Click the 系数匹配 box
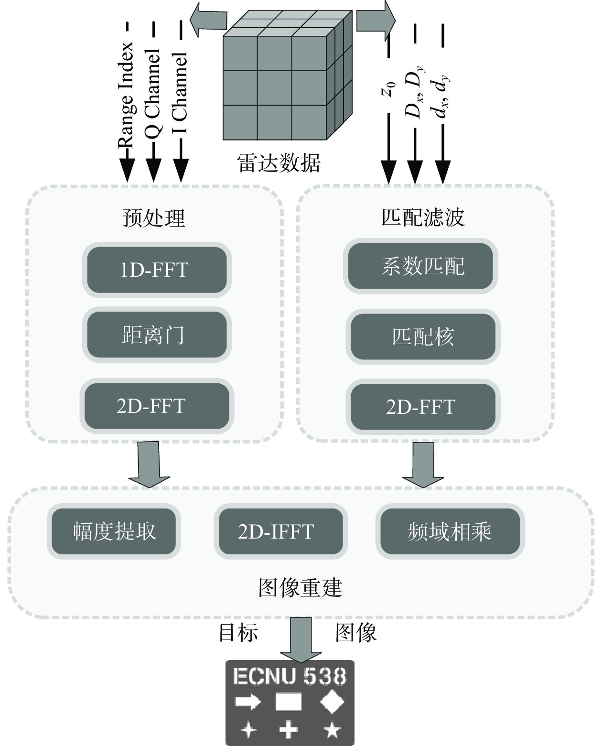pos(420,266)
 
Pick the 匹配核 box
pos(422,336)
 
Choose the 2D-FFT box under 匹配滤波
pos(422,407)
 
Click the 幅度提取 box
pos(114,531)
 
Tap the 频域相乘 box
pos(450,531)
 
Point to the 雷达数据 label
pos(279,163)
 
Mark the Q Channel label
pos(153,93)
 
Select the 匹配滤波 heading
pos(423,217)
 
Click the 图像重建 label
pos(300,587)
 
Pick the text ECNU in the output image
pos(263,677)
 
